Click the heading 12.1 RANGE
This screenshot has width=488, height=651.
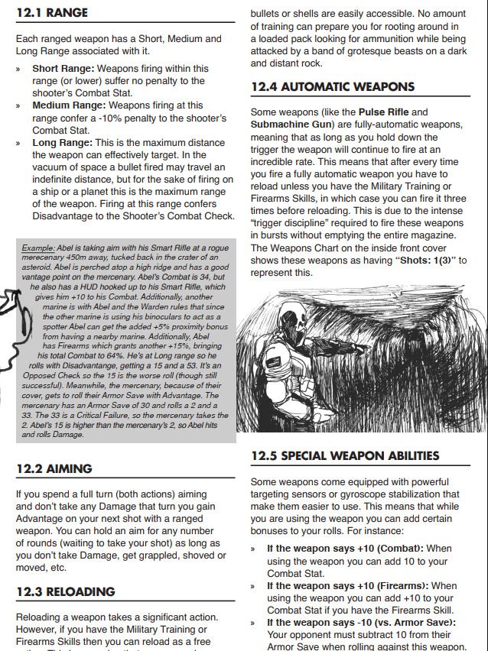(52, 13)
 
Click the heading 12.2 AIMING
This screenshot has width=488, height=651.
(54, 468)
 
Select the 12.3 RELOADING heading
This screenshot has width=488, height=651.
(65, 591)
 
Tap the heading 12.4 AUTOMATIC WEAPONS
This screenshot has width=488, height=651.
(333, 87)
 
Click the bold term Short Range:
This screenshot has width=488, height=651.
(63, 68)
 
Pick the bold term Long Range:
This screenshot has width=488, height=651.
(62, 142)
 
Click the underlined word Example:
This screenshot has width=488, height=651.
(38, 248)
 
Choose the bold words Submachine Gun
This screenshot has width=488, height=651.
(291, 124)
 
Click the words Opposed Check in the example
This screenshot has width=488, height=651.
(45, 376)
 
